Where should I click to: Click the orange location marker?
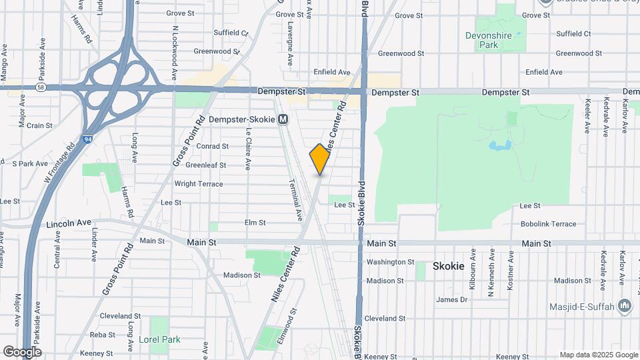pyautogui.click(x=320, y=159)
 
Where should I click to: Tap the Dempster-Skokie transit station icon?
pyautogui.click(x=283, y=119)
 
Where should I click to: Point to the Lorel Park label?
pyautogui.click(x=159, y=339)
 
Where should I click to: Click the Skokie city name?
pyautogui.click(x=448, y=266)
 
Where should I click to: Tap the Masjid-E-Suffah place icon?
pyautogui.click(x=625, y=306)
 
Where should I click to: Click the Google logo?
pyautogui.click(x=21, y=351)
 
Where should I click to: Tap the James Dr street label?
pyautogui.click(x=451, y=299)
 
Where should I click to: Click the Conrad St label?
pyautogui.click(x=212, y=146)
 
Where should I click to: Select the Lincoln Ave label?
pyautogui.click(x=69, y=223)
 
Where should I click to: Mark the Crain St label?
pyautogui.click(x=39, y=125)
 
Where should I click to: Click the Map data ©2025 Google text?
pyautogui.click(x=598, y=355)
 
